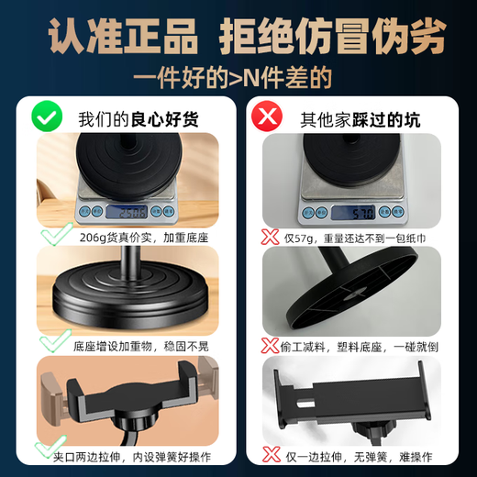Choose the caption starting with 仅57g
point(356,237)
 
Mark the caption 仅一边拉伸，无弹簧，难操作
point(359,455)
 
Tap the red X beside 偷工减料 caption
point(270,345)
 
